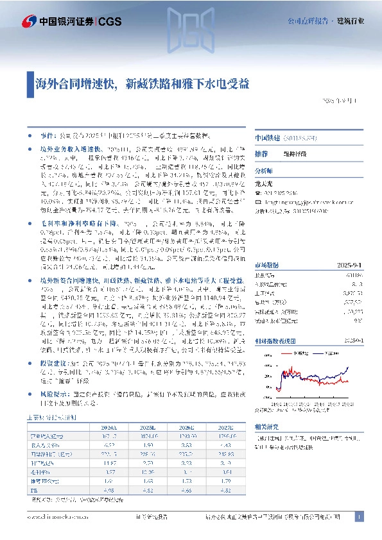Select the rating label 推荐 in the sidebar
click(261, 155)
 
